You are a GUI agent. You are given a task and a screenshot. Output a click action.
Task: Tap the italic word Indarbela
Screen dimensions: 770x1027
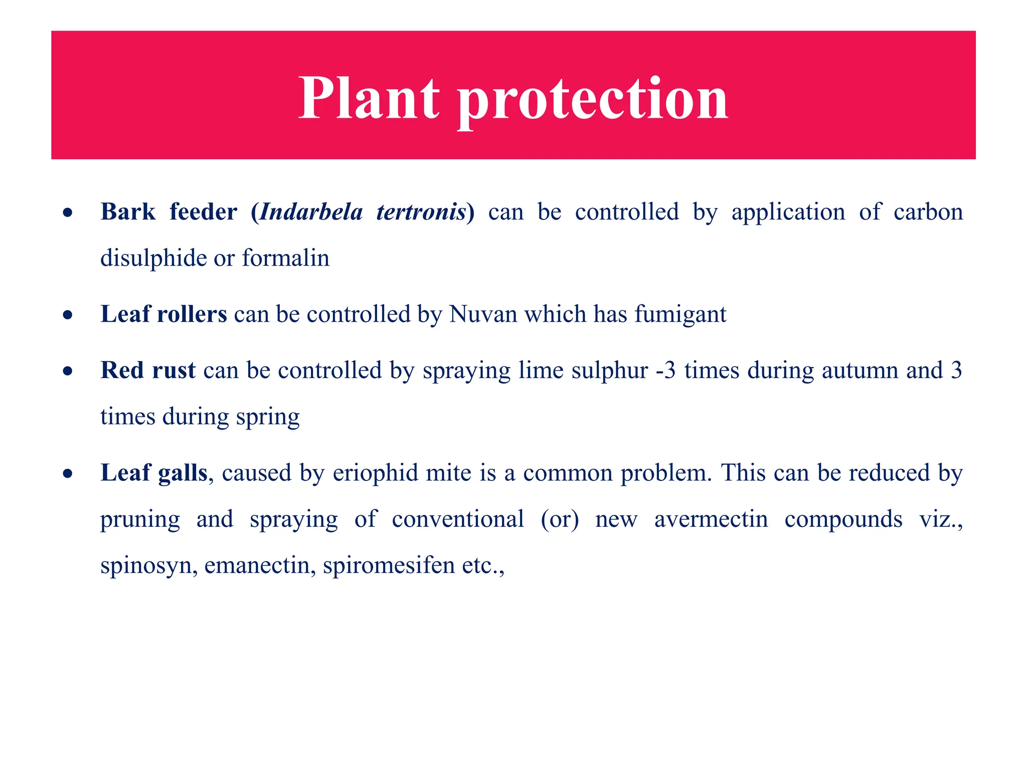tap(311, 212)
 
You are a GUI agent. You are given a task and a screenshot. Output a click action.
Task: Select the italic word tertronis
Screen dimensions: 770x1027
tap(421, 212)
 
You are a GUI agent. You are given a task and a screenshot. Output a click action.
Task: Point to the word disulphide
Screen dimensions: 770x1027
tap(153, 258)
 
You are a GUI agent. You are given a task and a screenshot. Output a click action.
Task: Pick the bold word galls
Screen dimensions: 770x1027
tap(182, 473)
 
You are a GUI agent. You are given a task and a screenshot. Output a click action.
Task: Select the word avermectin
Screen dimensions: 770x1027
tap(711, 519)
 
